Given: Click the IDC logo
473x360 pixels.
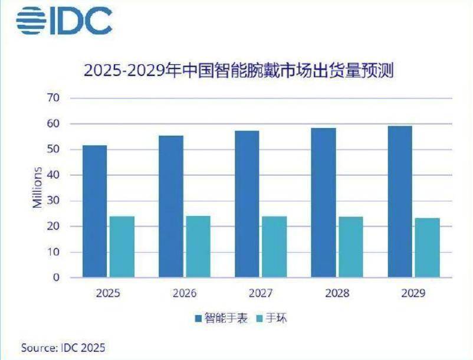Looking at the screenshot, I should click(64, 21).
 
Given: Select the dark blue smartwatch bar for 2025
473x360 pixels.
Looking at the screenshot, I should click(94, 211).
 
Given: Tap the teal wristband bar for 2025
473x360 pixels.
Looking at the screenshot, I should click(121, 247).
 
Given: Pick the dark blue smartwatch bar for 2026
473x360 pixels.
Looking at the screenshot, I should click(171, 207).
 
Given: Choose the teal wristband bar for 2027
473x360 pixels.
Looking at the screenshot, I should click(274, 247).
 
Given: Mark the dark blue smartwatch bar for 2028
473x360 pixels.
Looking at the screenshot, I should click(324, 202).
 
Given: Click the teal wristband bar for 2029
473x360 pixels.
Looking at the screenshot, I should click(427, 248).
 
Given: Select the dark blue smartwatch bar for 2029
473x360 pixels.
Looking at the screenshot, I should click(400, 201).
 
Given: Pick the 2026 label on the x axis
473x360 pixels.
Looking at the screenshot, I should click(185, 293).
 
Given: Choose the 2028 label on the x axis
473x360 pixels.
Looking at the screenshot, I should click(337, 293).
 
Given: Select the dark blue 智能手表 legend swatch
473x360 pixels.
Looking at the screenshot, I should click(199, 319).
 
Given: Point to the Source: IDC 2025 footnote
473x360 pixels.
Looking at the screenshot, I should click(63, 347).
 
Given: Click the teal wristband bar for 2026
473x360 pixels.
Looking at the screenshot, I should click(198, 247).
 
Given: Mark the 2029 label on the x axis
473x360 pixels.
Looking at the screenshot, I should click(413, 293).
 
